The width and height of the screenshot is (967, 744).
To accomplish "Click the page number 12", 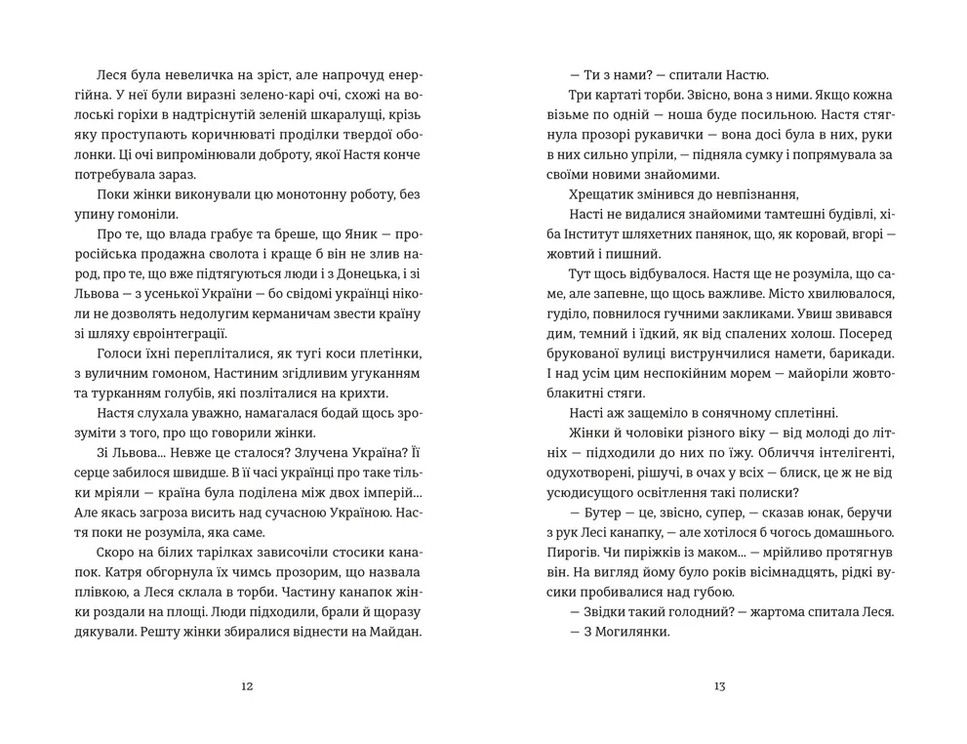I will pos(247,686).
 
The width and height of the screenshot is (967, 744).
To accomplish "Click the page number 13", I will pos(719,686).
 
